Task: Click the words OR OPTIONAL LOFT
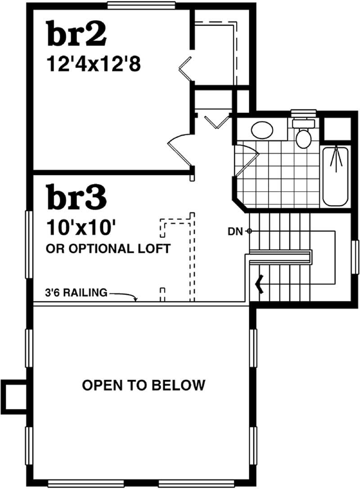108,248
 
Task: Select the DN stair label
235,232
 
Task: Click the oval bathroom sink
262,131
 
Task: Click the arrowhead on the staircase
259,283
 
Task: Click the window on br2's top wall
141,5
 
